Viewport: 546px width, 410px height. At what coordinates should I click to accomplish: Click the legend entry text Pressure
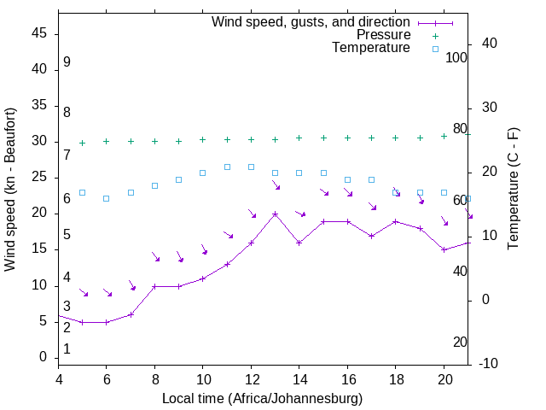(x=383, y=35)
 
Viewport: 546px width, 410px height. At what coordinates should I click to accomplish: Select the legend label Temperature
(x=371, y=49)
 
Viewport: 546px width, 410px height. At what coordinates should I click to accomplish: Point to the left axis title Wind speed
(x=10, y=190)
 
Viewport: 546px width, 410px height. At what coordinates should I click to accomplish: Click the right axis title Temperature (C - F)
(x=513, y=189)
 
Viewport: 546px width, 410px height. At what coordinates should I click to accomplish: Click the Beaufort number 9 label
(x=67, y=62)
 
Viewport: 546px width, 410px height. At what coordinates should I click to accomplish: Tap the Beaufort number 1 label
(x=67, y=348)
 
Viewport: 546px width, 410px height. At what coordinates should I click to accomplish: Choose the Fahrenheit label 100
(x=456, y=57)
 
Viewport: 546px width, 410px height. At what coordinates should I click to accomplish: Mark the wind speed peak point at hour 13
(x=275, y=214)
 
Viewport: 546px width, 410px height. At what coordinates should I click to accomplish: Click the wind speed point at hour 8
(x=154, y=286)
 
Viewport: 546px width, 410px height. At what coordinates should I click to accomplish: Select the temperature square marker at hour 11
(x=227, y=167)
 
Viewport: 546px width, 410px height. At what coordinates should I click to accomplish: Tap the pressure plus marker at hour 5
(x=82, y=143)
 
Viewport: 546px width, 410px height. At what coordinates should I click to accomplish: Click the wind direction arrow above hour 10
(x=204, y=249)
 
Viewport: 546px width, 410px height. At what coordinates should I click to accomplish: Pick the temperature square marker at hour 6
(x=106, y=198)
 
